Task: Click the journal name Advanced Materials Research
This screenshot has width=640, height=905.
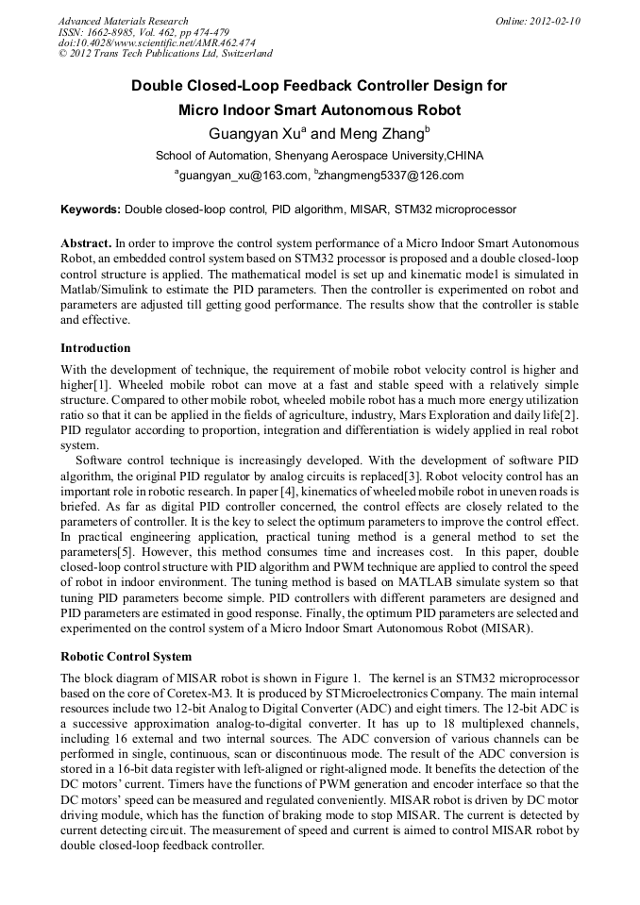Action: click(123, 21)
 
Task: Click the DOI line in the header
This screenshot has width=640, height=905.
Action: click(157, 42)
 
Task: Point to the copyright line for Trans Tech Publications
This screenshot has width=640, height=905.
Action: click(165, 54)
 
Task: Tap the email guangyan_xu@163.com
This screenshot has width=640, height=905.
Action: click(244, 176)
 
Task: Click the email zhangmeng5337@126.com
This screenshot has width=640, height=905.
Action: click(392, 176)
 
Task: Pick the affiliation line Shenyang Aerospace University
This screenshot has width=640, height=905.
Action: click(319, 155)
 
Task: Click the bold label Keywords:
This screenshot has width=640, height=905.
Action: click(91, 209)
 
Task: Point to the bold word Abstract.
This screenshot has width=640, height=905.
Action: click(86, 243)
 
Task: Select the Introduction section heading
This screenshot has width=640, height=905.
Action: click(95, 347)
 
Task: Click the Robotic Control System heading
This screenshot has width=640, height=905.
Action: click(126, 656)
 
